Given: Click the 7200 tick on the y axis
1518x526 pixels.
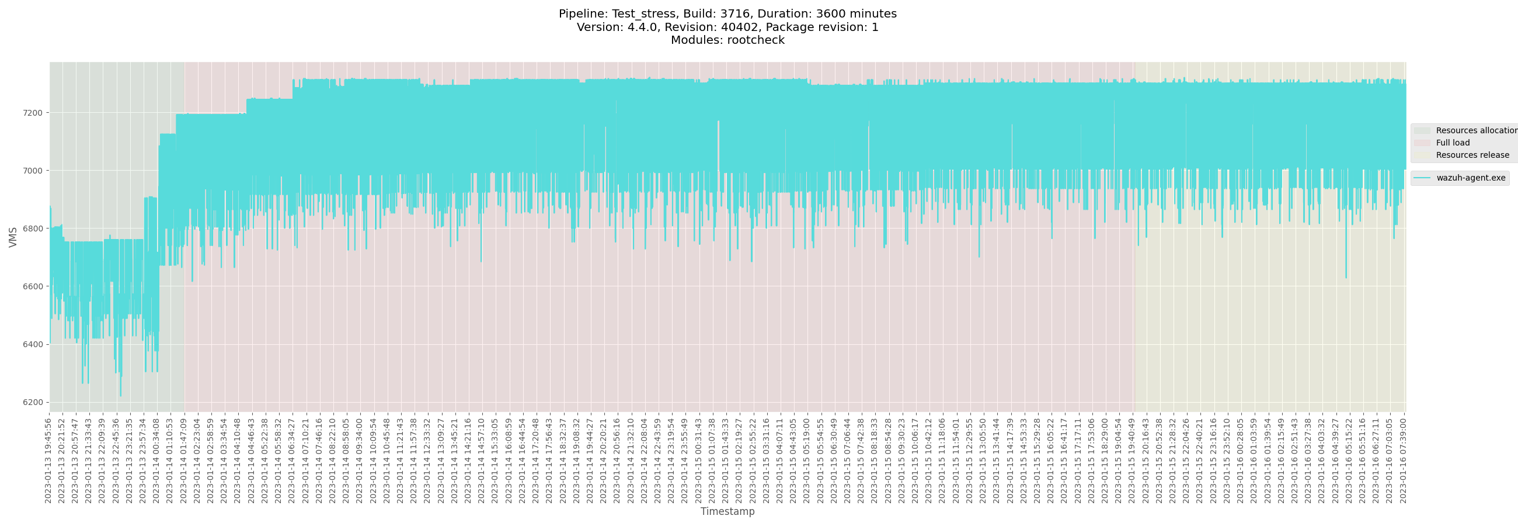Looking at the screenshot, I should click(x=33, y=113).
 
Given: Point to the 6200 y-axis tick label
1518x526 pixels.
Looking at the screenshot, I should click(x=33, y=403).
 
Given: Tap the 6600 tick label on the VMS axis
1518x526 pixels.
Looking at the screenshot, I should click(x=33, y=286).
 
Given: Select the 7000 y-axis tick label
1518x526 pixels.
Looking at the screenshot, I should click(x=33, y=171).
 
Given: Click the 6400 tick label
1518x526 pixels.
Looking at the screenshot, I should click(x=33, y=344).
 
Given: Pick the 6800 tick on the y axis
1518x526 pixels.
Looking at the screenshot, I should click(x=33, y=229).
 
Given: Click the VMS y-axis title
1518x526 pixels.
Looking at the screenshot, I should click(x=13, y=237).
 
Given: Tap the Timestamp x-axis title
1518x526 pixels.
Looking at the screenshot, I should click(x=727, y=512).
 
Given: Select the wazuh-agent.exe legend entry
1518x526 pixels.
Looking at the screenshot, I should click(x=1470, y=178).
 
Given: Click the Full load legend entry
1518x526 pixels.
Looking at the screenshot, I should click(x=1453, y=143).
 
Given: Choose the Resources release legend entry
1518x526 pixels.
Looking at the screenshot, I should click(x=1472, y=155).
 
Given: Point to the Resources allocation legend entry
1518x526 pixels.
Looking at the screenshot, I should click(x=1475, y=130).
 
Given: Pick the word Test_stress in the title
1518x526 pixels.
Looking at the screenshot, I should click(x=645, y=14).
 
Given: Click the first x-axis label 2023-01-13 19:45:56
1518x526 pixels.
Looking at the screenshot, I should click(x=48, y=461).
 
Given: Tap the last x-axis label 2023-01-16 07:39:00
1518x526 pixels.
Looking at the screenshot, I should click(x=1403, y=461).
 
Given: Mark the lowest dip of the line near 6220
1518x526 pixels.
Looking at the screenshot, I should click(x=121, y=396).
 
